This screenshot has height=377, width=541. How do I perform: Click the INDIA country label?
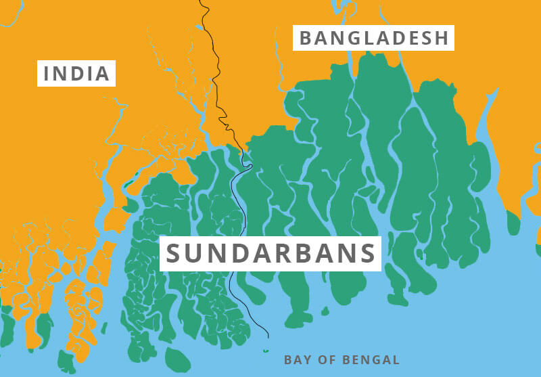pos(76,73)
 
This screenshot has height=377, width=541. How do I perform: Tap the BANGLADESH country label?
pos(374,38)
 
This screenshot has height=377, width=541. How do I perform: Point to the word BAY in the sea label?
pos(296,360)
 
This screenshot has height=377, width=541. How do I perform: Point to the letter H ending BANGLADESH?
pos(442,38)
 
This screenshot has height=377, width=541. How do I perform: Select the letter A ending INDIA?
pos(102,73)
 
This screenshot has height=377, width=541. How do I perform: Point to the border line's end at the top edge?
pos(201,1)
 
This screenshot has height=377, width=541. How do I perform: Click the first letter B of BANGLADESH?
pos(306,38)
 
